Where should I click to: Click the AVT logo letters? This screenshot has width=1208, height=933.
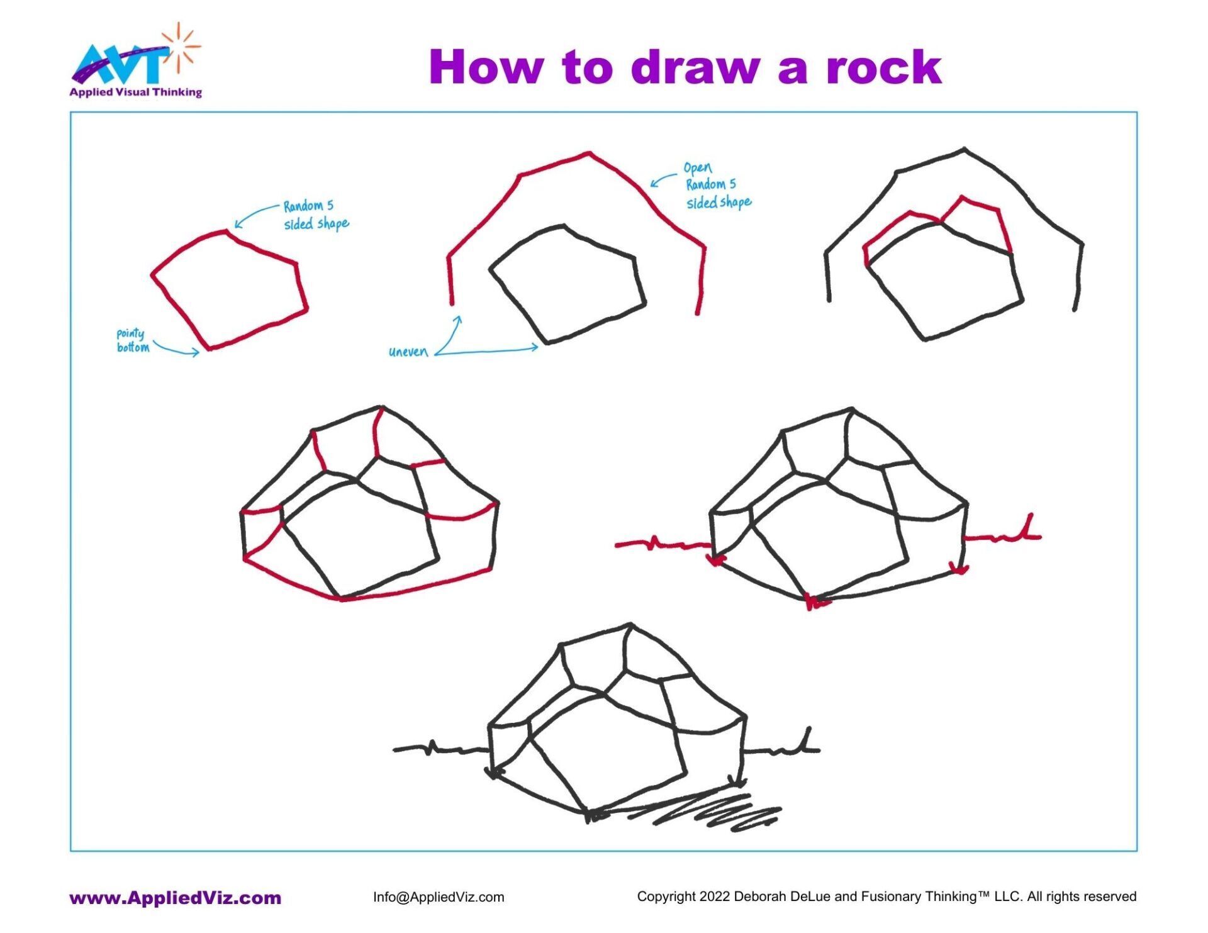point(120,65)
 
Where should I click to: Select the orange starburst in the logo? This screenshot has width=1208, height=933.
point(181,44)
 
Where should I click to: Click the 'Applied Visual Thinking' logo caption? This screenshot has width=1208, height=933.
point(135,92)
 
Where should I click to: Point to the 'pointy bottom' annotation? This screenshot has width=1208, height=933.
point(132,340)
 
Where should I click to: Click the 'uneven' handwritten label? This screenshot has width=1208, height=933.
point(408,352)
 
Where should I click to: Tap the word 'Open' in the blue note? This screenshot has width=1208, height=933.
point(698,168)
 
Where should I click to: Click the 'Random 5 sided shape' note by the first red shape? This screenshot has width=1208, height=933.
point(315,215)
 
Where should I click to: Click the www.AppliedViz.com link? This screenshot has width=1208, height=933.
point(175,898)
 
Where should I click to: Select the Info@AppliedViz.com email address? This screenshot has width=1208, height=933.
point(439,897)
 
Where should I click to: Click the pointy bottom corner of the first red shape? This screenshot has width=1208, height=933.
point(209,348)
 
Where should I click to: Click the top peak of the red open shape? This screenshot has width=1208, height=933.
point(589,153)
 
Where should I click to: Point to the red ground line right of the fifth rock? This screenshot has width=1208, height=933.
point(1000,537)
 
